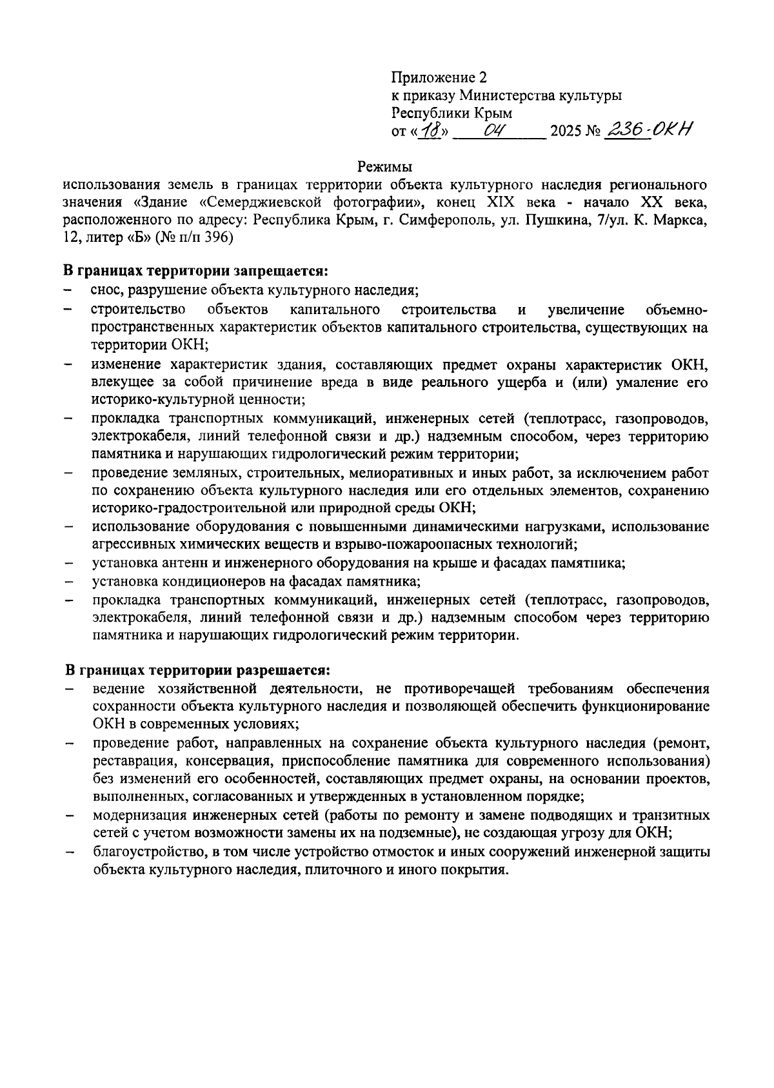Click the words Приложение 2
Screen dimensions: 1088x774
tap(439, 78)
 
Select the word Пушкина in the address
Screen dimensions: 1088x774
tap(553, 220)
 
